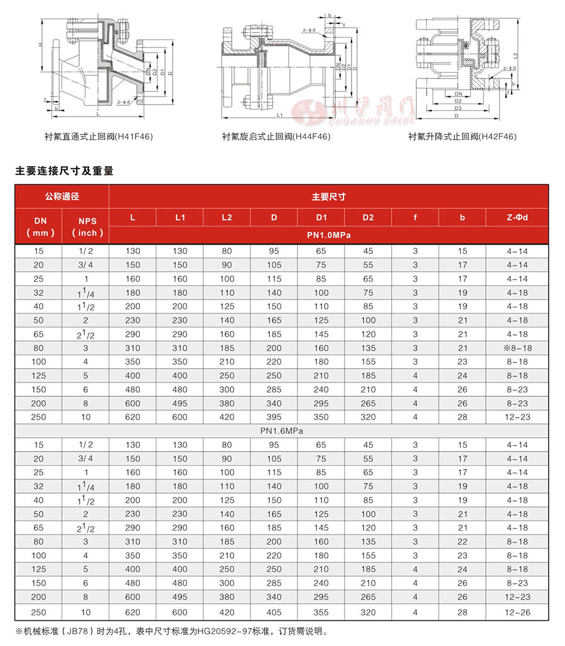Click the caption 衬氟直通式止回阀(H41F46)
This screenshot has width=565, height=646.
[99, 135]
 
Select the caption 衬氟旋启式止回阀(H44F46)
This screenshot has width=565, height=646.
[276, 136]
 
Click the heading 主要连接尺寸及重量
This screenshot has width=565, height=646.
[65, 170]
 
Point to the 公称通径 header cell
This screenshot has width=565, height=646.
[62, 196]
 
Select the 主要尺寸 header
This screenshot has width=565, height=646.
[328, 196]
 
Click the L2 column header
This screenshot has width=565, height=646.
[227, 218]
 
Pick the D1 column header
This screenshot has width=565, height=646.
[321, 218]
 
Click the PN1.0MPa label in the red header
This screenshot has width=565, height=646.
[328, 236]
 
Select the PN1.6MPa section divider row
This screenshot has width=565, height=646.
[282, 431]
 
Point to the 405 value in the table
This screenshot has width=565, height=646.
[274, 612]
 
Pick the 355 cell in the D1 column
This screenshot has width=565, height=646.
[321, 612]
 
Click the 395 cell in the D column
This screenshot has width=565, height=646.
[274, 417]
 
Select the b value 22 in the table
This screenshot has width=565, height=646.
[462, 542]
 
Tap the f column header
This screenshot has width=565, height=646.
[415, 218]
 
